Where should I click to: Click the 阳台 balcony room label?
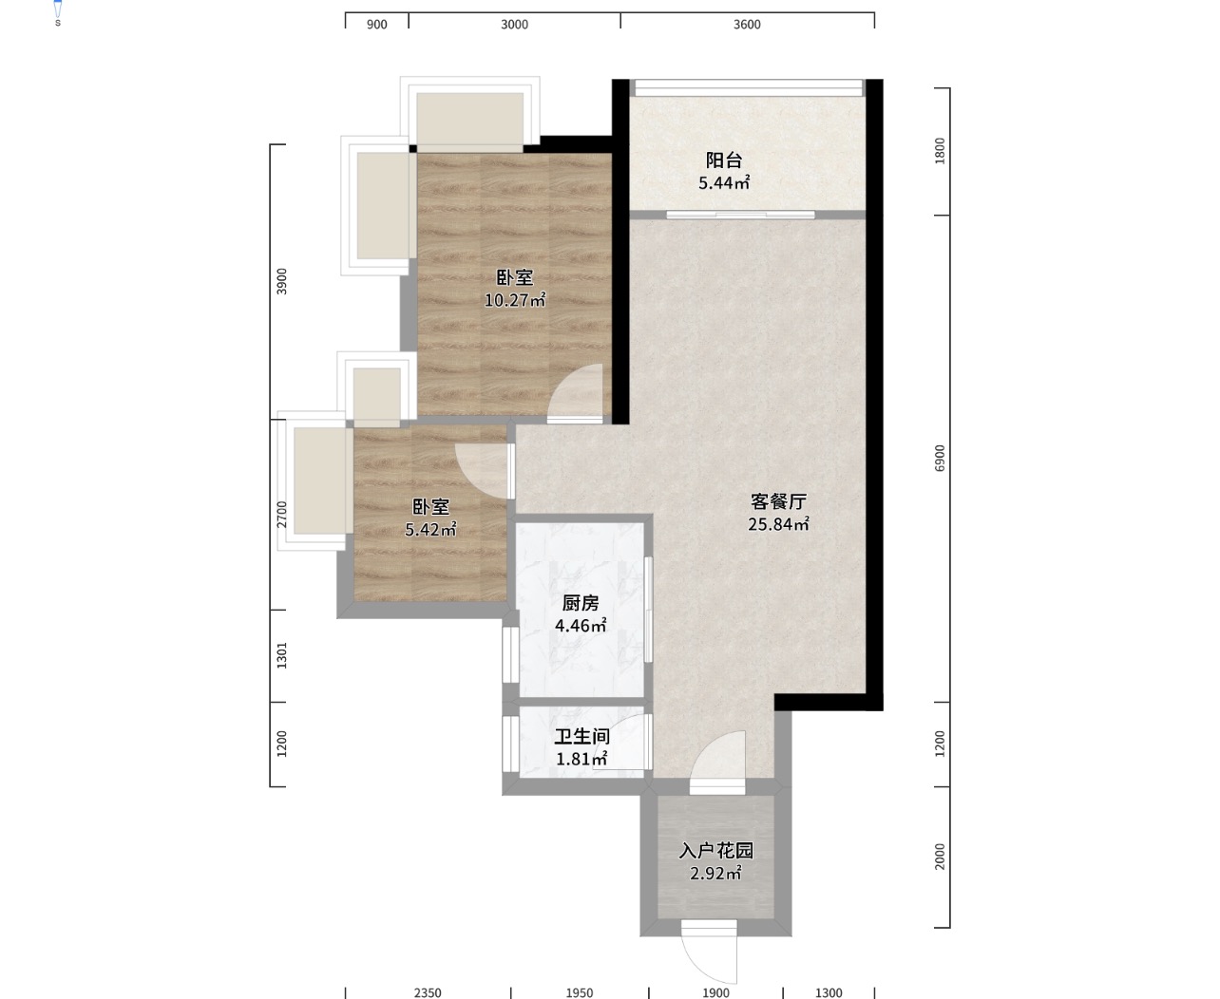[724, 160]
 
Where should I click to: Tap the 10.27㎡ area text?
[515, 300]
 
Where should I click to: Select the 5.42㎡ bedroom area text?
[430, 529]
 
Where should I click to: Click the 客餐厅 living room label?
[778, 501]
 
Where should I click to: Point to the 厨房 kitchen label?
[581, 603]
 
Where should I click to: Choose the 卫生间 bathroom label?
[581, 737]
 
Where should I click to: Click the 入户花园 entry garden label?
[716, 851]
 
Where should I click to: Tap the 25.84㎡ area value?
[778, 524]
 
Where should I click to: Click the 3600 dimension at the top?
[747, 25]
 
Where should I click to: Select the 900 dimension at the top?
[376, 25]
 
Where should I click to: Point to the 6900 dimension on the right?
[940, 458]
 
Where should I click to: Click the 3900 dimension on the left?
[281, 281]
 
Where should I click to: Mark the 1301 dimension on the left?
[281, 655]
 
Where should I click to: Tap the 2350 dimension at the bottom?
[428, 992]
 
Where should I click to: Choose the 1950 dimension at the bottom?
[579, 992]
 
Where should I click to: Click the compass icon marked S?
[58, 11]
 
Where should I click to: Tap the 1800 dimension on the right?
[940, 150]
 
